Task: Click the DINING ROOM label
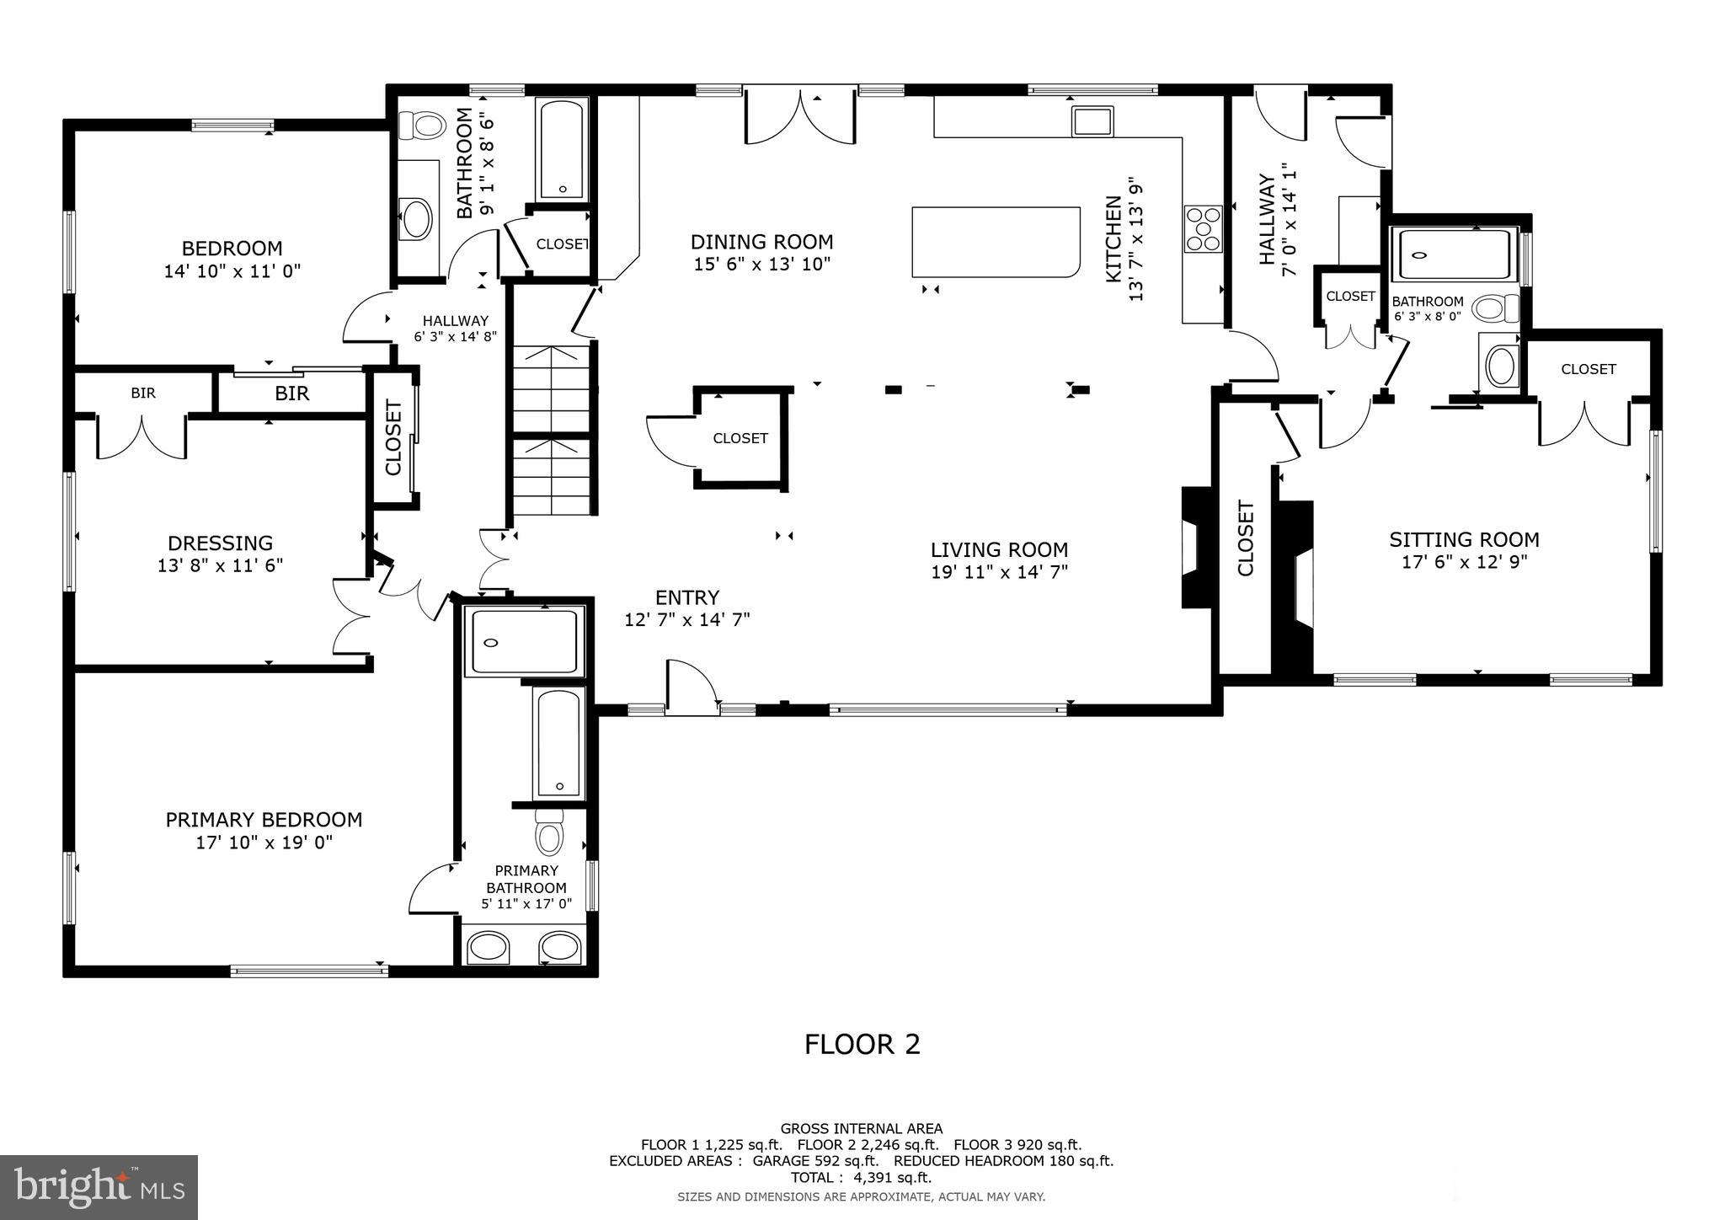pyautogui.click(x=761, y=243)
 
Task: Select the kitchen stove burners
pyautogui.click(x=1203, y=228)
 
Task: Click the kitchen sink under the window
pyautogui.click(x=1092, y=121)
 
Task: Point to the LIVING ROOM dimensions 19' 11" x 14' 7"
pyautogui.click(x=999, y=572)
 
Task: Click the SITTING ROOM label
pyautogui.click(x=1464, y=539)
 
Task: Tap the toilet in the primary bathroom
pyautogui.click(x=549, y=834)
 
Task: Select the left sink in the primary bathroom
pyautogui.click(x=488, y=947)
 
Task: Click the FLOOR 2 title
pyautogui.click(x=862, y=1045)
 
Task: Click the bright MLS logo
pyautogui.click(x=99, y=1188)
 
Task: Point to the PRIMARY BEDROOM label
pyautogui.click(x=264, y=820)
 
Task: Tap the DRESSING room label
pyautogui.click(x=220, y=543)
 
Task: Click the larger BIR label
pyautogui.click(x=291, y=393)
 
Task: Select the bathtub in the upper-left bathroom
pyautogui.click(x=562, y=149)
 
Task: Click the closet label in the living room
pyautogui.click(x=740, y=438)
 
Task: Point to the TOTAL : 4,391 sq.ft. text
pyautogui.click(x=861, y=1178)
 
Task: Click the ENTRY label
pyautogui.click(x=686, y=597)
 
